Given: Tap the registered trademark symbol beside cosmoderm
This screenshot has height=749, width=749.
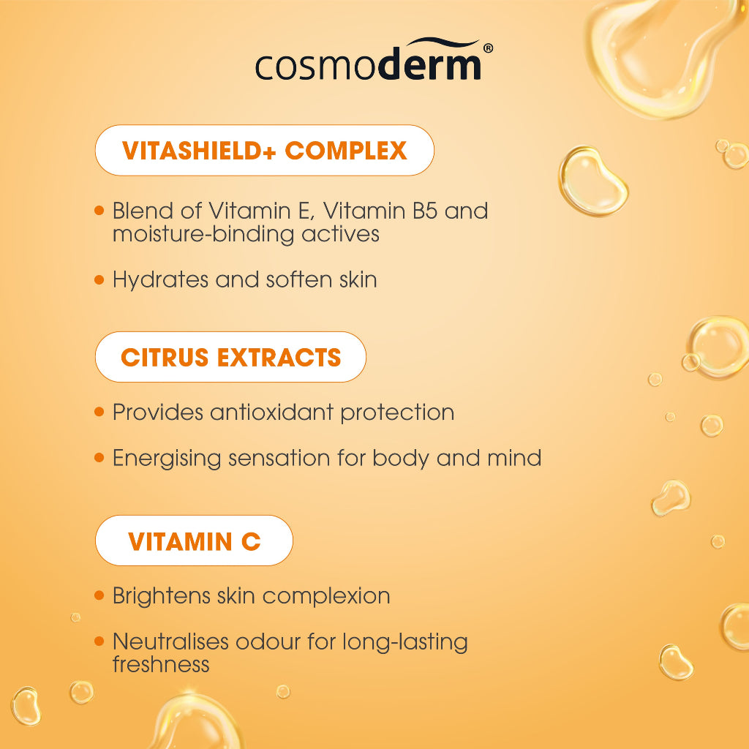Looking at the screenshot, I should click(488, 48).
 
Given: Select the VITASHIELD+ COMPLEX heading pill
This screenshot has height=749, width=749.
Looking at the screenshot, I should click(264, 151).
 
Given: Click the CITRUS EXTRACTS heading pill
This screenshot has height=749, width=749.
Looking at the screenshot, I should click(230, 357).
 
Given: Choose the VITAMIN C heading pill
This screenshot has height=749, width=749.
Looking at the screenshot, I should click(194, 541).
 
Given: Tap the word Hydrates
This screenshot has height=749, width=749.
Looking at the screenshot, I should click(157, 279).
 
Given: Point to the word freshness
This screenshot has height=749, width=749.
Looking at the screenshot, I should click(161, 664).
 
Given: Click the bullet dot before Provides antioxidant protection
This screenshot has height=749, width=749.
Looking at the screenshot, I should click(99, 413).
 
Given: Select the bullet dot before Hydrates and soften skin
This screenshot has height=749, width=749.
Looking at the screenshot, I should click(99, 279).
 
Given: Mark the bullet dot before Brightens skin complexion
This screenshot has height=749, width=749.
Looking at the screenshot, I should click(99, 595).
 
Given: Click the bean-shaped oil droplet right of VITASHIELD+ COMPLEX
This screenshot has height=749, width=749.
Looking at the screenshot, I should click(593, 181).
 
